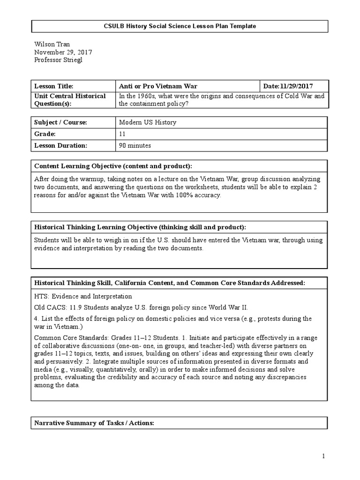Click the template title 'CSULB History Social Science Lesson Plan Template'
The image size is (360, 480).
point(180,26)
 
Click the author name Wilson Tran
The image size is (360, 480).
point(52,45)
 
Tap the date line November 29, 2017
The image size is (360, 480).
point(63,52)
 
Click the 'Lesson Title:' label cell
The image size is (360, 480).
point(54,86)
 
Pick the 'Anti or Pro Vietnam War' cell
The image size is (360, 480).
point(158,86)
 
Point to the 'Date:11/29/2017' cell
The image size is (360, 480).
point(288,86)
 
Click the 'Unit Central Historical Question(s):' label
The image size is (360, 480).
point(70,100)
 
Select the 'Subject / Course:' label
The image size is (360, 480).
point(60,122)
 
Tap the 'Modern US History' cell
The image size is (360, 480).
point(148,122)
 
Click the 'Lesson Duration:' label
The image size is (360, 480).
point(60,146)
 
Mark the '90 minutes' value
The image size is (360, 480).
point(135,146)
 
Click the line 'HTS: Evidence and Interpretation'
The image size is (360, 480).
point(83,296)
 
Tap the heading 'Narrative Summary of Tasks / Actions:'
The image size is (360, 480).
point(94,423)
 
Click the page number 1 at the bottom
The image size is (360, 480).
point(323,456)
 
